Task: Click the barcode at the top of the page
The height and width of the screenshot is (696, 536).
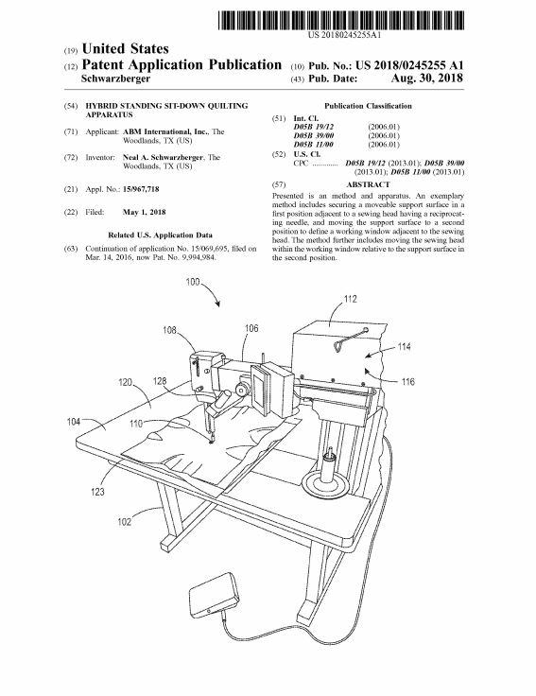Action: [x=341, y=21]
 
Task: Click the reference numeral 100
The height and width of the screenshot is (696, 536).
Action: [x=193, y=282]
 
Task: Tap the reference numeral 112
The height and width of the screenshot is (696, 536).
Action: [x=350, y=299]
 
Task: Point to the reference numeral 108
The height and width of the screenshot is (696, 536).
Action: [x=169, y=330]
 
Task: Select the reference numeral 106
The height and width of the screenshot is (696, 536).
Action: [x=251, y=328]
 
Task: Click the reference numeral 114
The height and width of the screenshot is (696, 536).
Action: [x=404, y=346]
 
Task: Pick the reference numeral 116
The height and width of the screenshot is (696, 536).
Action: [x=407, y=381]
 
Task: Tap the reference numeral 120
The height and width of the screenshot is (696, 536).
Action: [x=125, y=382]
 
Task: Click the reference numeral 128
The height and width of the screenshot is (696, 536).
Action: [x=160, y=381]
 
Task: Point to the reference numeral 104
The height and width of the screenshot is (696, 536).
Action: [x=73, y=421]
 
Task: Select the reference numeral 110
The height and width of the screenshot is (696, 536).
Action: [x=136, y=424]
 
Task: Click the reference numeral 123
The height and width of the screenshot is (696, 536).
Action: [x=97, y=492]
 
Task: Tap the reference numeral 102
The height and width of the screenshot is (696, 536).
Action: [x=124, y=522]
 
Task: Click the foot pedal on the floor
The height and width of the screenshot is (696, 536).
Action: [x=215, y=595]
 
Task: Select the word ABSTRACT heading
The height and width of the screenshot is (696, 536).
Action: [x=368, y=184]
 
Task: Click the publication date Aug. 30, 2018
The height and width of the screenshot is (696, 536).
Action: [x=427, y=78]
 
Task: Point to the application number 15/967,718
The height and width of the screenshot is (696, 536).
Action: [x=141, y=189]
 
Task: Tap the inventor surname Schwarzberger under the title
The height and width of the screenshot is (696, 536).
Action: [x=116, y=78]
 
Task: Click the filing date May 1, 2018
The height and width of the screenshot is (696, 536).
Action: [x=144, y=212]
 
